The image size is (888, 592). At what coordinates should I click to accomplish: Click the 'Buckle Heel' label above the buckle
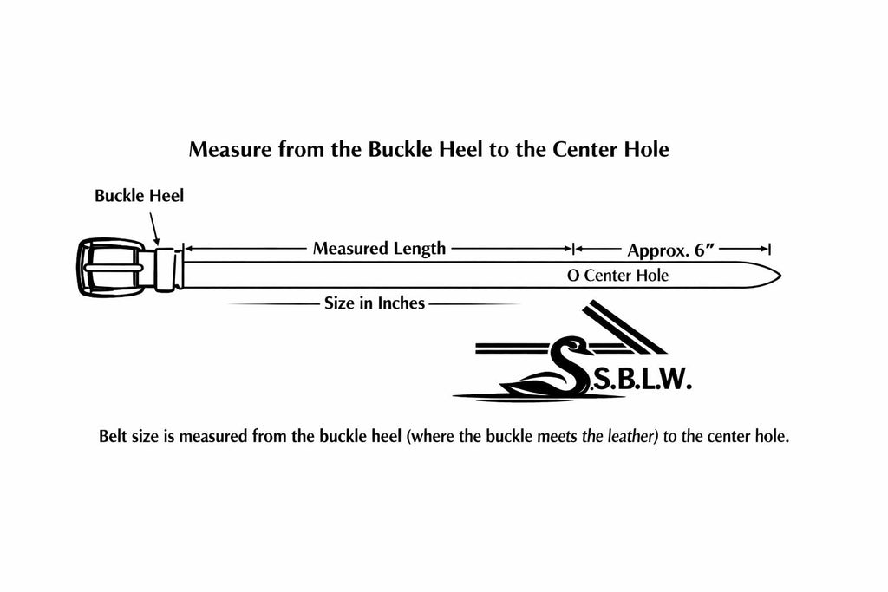[x=140, y=196]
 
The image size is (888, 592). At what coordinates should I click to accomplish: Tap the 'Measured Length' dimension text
[x=380, y=249]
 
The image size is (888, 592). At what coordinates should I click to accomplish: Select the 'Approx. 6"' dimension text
[x=671, y=250]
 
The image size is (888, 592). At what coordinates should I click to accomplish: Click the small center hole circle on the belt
[x=573, y=276]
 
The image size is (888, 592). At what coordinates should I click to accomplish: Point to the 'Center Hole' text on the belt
[x=626, y=276]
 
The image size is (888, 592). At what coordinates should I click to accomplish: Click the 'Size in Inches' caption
[x=375, y=303]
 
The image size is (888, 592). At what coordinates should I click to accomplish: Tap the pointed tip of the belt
[x=781, y=276]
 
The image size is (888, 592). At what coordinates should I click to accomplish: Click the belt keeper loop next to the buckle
[x=166, y=270]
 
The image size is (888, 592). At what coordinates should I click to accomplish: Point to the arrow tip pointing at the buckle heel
[x=158, y=244]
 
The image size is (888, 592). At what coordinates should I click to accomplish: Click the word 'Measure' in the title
[x=230, y=149]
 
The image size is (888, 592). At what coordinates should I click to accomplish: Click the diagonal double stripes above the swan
[x=625, y=327]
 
